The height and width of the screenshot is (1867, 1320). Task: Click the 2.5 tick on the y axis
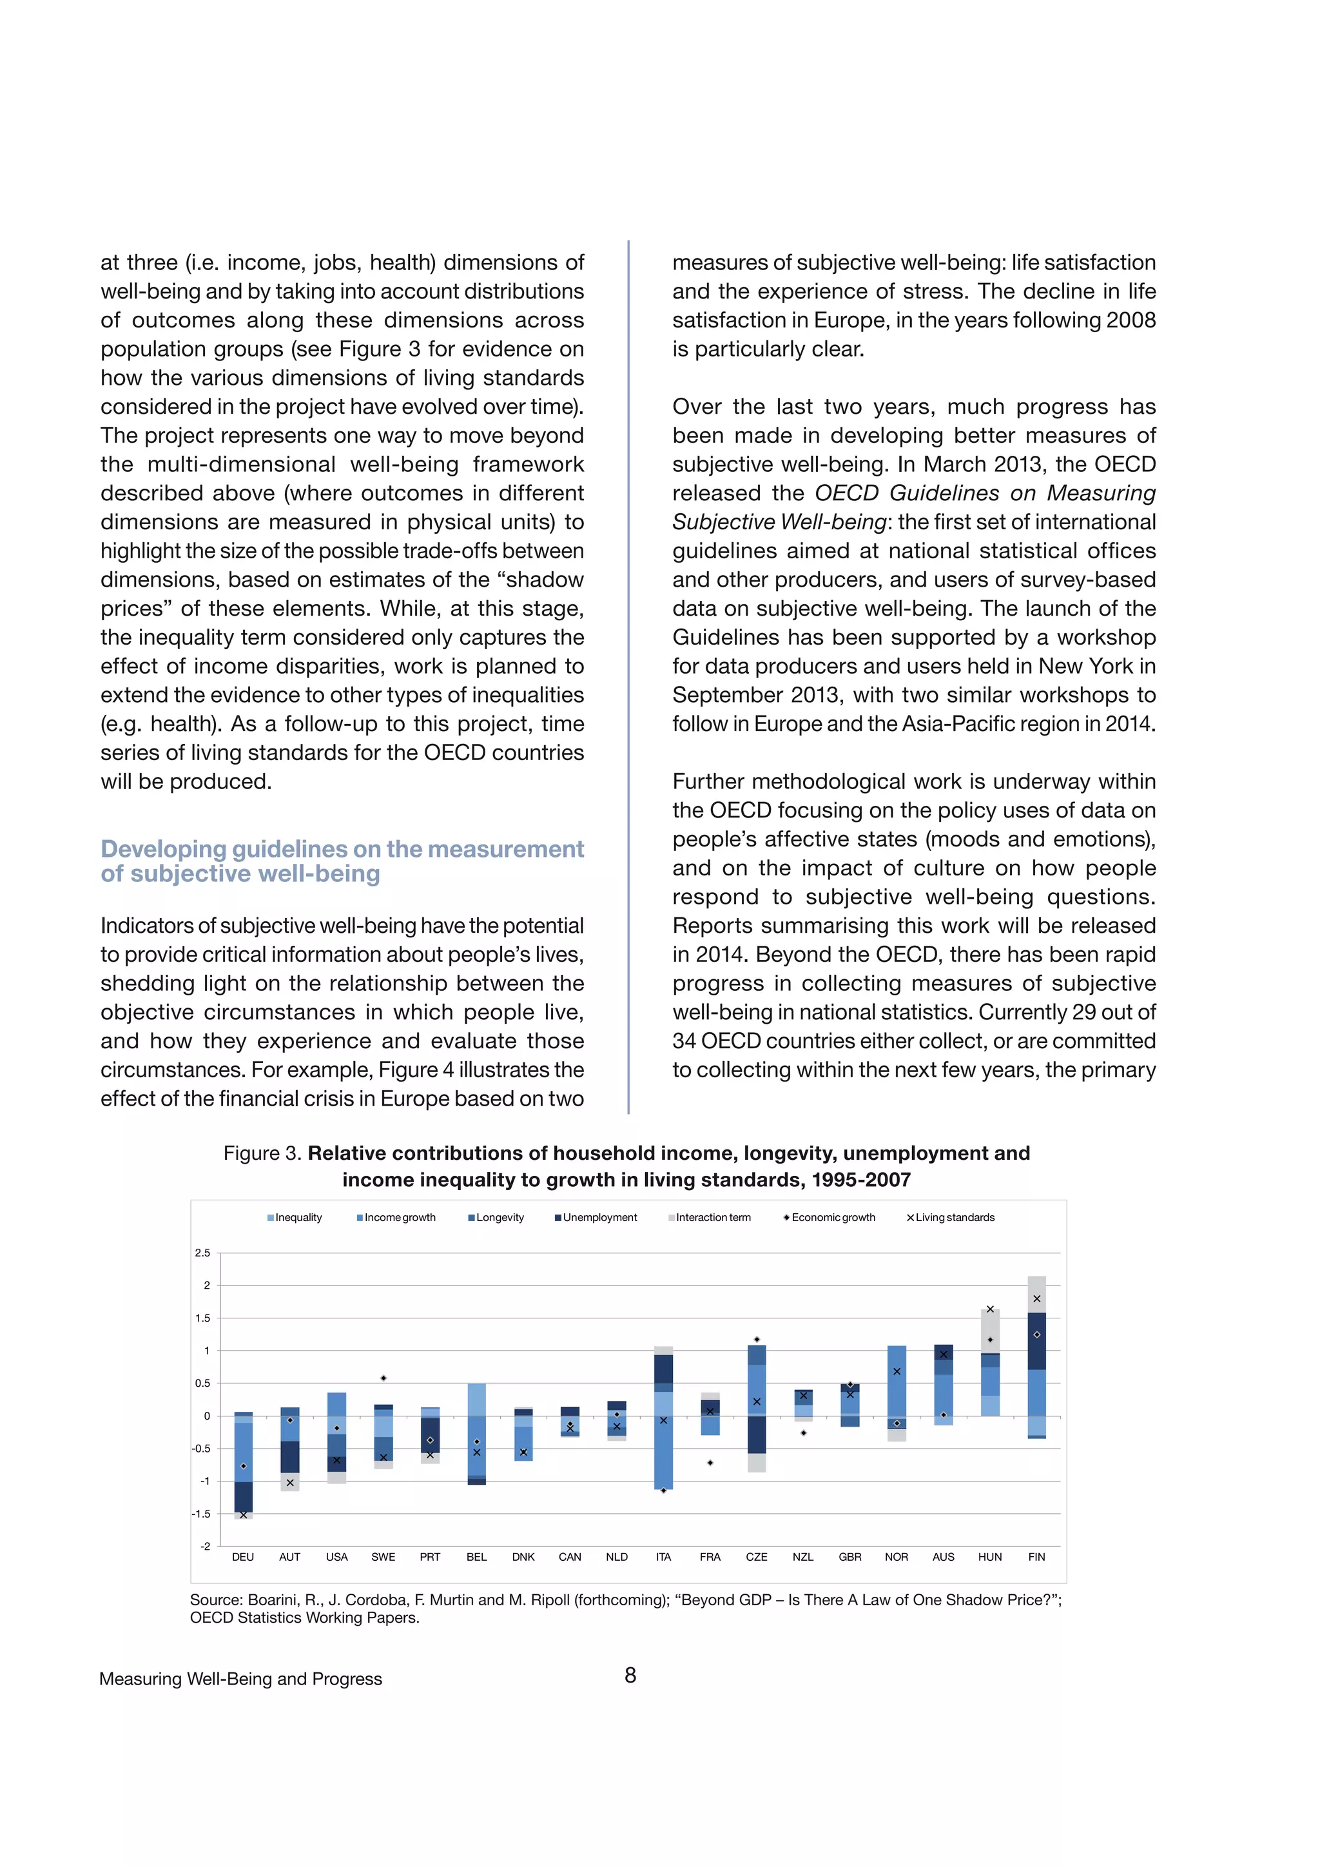tap(202, 1253)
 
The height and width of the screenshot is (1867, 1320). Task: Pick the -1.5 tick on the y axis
tap(200, 1514)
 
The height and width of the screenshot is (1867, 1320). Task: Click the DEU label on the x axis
tap(243, 1557)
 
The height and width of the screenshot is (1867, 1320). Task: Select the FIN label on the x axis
tap(1036, 1557)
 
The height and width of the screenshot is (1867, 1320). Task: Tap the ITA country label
tap(663, 1557)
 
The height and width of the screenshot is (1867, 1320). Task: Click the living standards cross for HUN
tap(990, 1309)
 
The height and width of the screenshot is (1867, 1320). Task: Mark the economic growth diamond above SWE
tap(383, 1378)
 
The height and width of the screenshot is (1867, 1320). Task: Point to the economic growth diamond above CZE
tap(757, 1339)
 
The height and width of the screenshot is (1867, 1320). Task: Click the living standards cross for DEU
tap(243, 1516)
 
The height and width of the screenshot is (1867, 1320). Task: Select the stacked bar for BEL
tap(477, 1431)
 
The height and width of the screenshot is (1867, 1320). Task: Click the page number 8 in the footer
tap(630, 1675)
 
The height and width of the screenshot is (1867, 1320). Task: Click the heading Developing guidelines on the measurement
tap(342, 849)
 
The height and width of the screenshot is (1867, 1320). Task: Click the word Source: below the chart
tap(215, 1600)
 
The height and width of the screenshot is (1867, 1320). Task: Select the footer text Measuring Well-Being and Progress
tap(240, 1679)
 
